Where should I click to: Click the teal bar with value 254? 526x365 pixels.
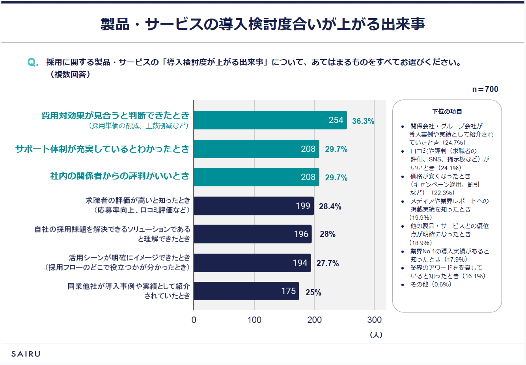[270, 120]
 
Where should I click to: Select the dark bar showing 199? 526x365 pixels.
[254, 206]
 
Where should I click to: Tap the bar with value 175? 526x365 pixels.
[246, 291]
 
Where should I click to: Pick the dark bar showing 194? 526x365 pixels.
[252, 263]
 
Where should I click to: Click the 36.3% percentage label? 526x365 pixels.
[363, 121]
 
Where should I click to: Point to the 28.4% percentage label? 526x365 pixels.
[330, 206]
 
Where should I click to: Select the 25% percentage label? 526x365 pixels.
[313, 292]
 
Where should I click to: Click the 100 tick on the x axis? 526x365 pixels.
[254, 320]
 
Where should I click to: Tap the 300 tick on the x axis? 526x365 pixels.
[374, 320]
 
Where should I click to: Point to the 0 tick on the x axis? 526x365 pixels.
[194, 320]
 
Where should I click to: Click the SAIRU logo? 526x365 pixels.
[26, 354]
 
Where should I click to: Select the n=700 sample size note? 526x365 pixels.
[485, 89]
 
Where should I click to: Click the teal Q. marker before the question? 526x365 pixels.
[33, 62]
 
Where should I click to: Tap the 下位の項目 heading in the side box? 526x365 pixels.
[447, 112]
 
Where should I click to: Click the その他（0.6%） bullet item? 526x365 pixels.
[431, 284]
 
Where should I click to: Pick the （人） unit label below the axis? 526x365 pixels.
[376, 335]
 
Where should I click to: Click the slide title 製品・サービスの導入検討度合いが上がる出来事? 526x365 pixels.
[263, 24]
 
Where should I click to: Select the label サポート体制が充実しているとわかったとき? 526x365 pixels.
[102, 149]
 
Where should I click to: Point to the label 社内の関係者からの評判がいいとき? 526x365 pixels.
[119, 176]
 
